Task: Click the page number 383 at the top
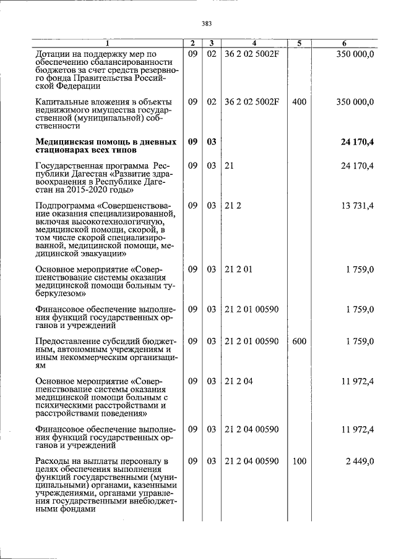point(207,24)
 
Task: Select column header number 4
point(254,43)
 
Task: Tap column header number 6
point(344,43)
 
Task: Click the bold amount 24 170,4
point(358,143)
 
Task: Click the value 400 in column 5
point(299,101)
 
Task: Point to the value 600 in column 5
point(299,342)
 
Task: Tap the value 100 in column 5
point(299,461)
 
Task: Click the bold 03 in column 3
point(211,143)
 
